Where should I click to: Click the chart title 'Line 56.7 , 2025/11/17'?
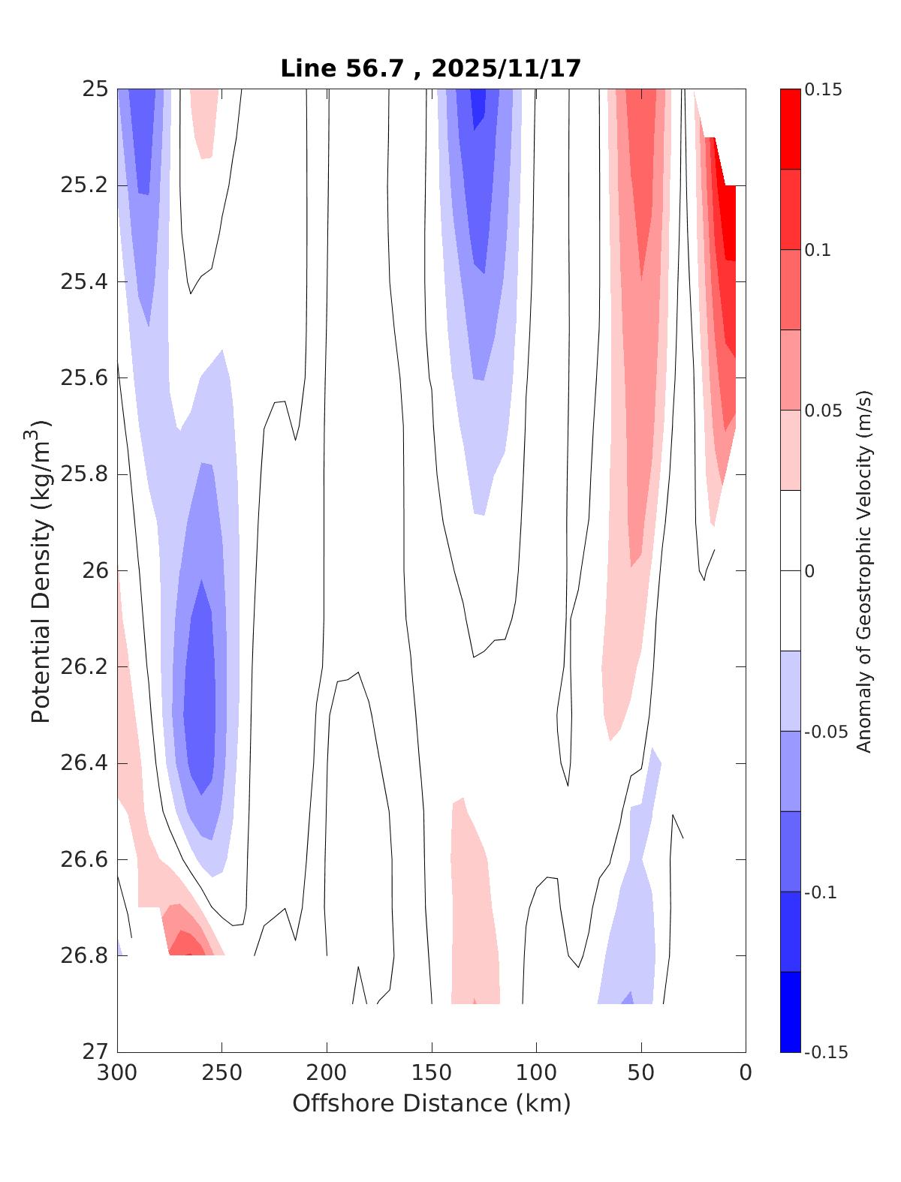(x=431, y=69)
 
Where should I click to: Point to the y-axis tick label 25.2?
(x=83, y=185)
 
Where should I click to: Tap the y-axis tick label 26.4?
(x=83, y=763)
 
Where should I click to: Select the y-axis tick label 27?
(x=95, y=1051)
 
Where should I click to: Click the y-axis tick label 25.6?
(x=83, y=377)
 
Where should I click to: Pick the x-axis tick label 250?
(x=222, y=1073)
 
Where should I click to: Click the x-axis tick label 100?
(x=536, y=1073)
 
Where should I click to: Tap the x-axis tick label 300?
(x=118, y=1073)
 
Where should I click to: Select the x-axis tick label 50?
(x=641, y=1073)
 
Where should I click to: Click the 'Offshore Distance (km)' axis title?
(x=431, y=1104)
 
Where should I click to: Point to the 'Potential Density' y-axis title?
(x=41, y=570)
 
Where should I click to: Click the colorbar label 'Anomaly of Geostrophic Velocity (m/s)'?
(x=864, y=570)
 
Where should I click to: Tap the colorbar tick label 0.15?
(x=823, y=90)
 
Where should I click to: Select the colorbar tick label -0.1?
(x=820, y=892)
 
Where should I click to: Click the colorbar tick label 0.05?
(x=823, y=411)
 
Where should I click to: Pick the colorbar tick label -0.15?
(x=826, y=1052)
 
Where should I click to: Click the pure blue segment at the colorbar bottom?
(x=790, y=1012)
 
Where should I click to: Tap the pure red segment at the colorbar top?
(x=790, y=129)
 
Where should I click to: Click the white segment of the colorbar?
(x=790, y=570)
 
